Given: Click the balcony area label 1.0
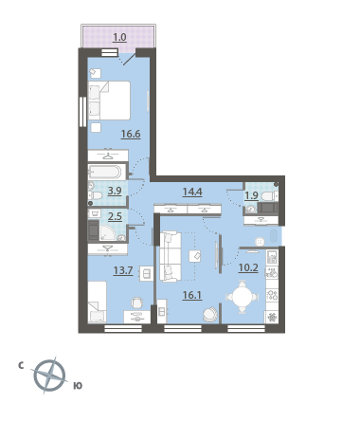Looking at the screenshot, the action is [119, 38].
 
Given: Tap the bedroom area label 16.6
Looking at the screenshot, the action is [131, 135].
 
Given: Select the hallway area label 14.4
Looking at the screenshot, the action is [192, 192].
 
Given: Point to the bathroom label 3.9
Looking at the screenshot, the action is [115, 191].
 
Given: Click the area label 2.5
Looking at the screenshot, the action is [115, 217].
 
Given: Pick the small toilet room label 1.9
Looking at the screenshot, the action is [252, 195].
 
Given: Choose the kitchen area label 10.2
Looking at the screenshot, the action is [248, 268].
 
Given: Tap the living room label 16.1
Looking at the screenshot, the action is [192, 295].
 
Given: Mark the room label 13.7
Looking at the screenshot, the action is [123, 270].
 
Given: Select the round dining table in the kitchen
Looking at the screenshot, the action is [243, 297].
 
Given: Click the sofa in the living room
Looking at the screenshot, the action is [171, 256].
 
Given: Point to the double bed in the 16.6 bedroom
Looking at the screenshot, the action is [109, 101].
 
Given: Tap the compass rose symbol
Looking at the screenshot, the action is [49, 376].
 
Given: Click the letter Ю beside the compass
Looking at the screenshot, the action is [78, 386].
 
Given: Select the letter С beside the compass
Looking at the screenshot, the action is [21, 366].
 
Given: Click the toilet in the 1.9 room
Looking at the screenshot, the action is [269, 196].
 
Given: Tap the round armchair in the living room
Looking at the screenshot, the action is [210, 315].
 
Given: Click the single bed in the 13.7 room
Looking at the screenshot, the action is [98, 302].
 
